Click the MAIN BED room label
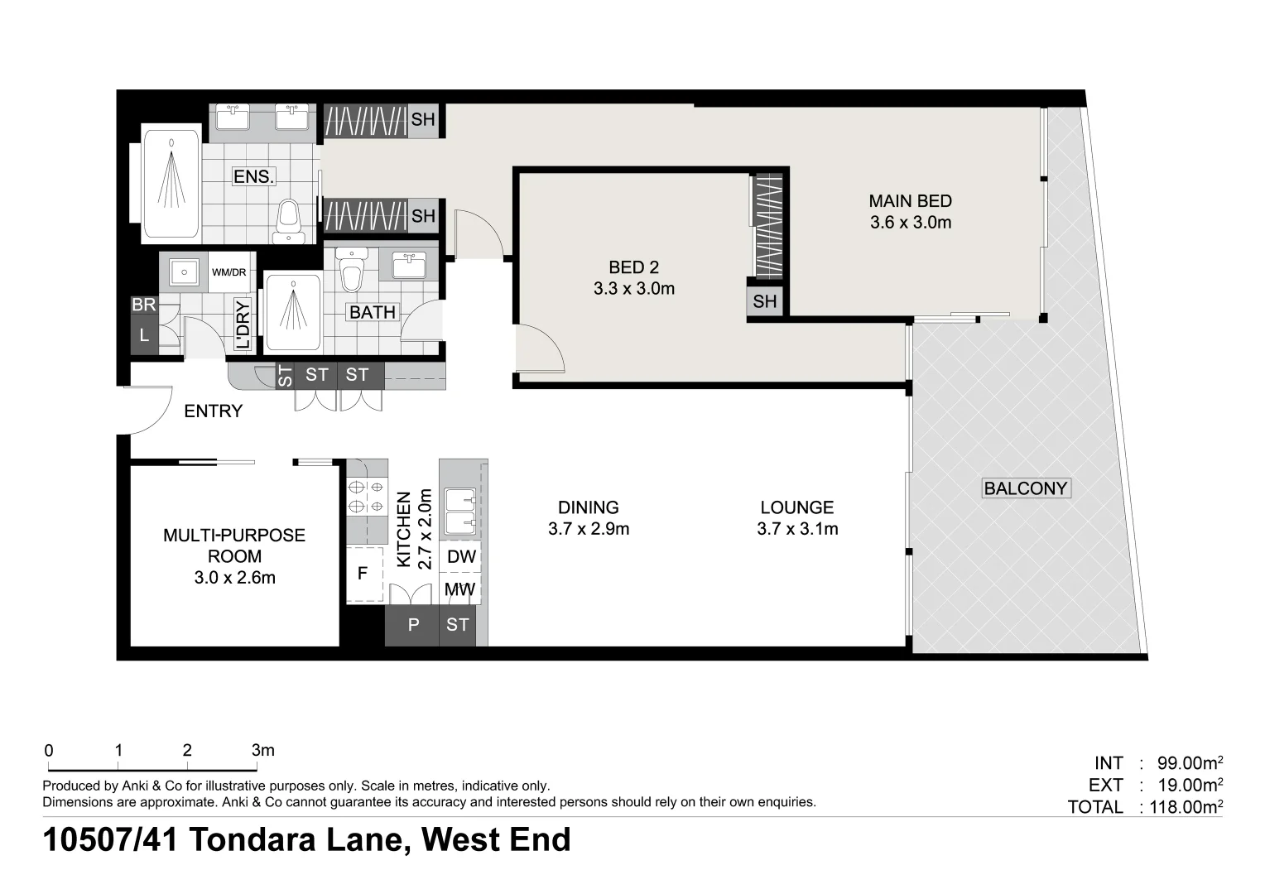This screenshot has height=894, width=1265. (x=910, y=201)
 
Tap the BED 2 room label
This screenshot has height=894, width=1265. (x=633, y=267)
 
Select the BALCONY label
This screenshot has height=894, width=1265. (x=1026, y=488)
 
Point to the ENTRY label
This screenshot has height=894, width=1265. (x=213, y=411)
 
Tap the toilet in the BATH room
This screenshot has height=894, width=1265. (x=352, y=270)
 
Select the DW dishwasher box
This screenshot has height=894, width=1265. (x=461, y=557)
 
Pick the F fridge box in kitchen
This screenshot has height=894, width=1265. (x=363, y=574)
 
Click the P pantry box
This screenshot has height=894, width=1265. (x=413, y=625)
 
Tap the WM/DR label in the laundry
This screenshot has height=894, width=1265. (x=228, y=272)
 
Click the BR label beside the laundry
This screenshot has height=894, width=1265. (x=143, y=305)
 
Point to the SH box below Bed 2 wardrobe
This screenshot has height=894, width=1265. (x=765, y=301)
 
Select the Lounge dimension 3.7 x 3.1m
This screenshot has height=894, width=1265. (x=797, y=529)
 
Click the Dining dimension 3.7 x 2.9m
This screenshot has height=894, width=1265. (x=588, y=529)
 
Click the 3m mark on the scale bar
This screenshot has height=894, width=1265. (x=262, y=751)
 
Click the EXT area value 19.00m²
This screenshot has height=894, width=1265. (x=1190, y=785)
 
